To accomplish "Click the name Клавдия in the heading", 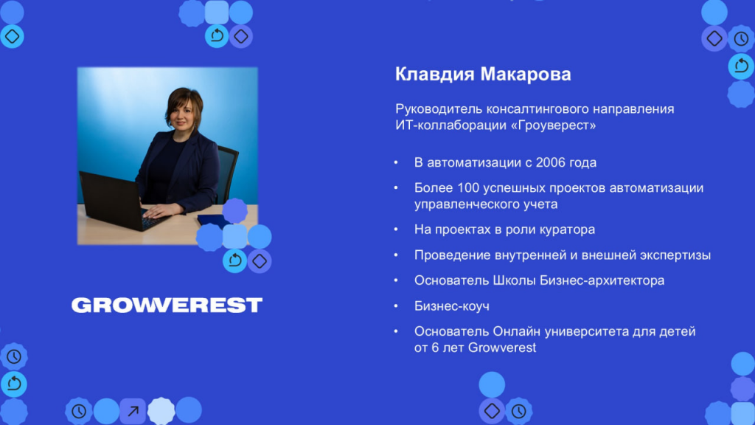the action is click(x=434, y=75).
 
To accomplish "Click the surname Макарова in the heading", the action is click(x=526, y=75).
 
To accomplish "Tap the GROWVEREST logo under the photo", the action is click(x=167, y=305).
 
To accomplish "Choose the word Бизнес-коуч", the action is click(x=452, y=306).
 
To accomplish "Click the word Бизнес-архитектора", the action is click(x=602, y=281).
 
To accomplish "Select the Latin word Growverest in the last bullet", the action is click(x=501, y=348).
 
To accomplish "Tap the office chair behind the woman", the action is click(x=226, y=173).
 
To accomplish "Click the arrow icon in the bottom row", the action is click(x=133, y=411).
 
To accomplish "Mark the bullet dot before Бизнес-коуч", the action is click(x=396, y=306).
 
